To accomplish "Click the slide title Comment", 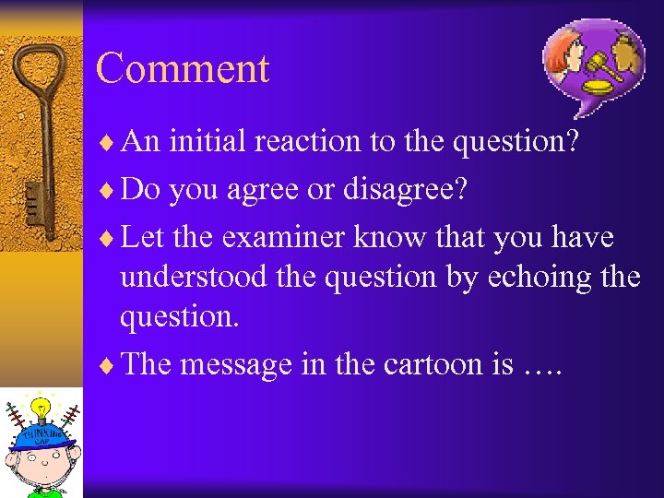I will (x=183, y=69).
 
